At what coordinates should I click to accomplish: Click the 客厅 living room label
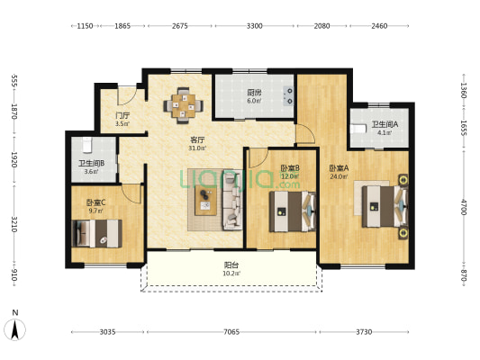(x=197, y=139)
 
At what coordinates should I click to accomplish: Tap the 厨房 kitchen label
(x=255, y=92)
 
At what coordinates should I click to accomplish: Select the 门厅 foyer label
(x=122, y=115)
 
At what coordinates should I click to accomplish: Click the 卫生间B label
(x=91, y=163)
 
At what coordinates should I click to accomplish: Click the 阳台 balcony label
(x=231, y=265)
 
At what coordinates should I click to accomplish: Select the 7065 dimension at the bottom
(x=231, y=332)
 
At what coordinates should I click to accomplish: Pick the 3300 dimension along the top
(x=255, y=26)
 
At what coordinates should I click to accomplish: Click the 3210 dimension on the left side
(x=14, y=224)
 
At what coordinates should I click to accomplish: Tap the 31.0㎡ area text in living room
(x=197, y=148)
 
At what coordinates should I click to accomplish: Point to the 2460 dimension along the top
(x=379, y=26)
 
